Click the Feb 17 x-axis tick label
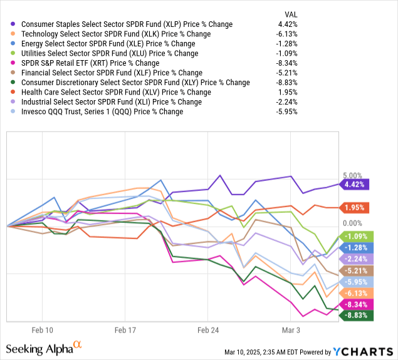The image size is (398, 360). pos(125,329)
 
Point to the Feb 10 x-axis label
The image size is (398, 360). pos(43,329)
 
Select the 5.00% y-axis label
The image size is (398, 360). pos(353,175)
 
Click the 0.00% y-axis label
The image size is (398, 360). pos(353,223)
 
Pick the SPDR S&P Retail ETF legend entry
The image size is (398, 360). pos(90,63)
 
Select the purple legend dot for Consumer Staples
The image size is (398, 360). pos(13,24)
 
